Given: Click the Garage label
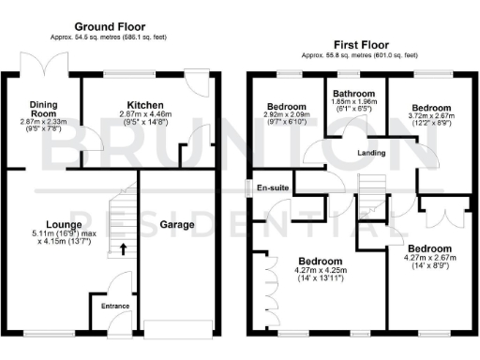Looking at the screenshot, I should point(176,225).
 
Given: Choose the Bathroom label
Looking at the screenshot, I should point(353,94).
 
